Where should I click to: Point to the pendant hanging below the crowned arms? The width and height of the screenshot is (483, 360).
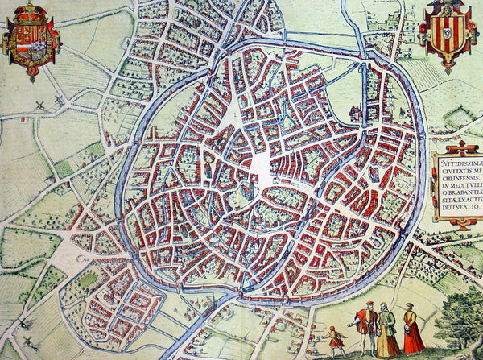31,76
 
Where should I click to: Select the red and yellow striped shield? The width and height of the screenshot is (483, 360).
448,36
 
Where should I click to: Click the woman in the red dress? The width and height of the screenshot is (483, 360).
414,332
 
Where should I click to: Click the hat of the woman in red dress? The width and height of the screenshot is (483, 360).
411,307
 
